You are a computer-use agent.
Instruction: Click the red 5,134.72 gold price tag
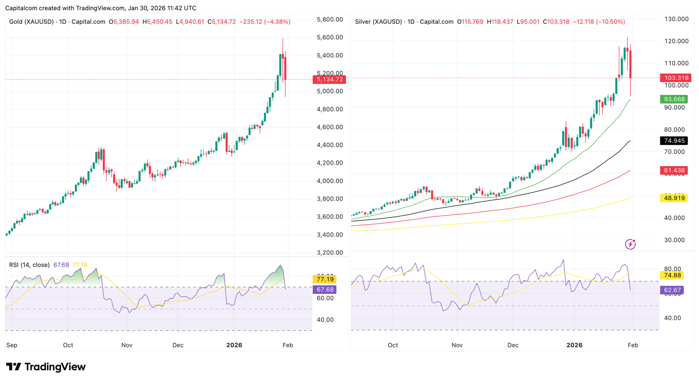click(331, 79)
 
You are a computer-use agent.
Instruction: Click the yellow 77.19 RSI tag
click(325, 279)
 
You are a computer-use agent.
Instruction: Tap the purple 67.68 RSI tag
click(325, 290)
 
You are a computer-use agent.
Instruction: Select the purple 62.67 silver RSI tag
click(672, 290)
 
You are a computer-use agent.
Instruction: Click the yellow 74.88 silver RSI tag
click(672, 276)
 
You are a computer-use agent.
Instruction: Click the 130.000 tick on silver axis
click(676, 19)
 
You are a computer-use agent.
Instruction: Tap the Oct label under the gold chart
click(68, 345)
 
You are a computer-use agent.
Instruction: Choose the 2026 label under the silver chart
click(574, 345)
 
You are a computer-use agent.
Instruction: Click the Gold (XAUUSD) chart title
click(30, 22)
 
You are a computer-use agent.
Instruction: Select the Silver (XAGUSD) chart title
click(378, 22)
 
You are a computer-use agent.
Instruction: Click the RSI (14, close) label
click(29, 265)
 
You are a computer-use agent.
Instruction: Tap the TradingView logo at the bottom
click(45, 367)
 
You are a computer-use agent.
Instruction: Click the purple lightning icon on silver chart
click(631, 244)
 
